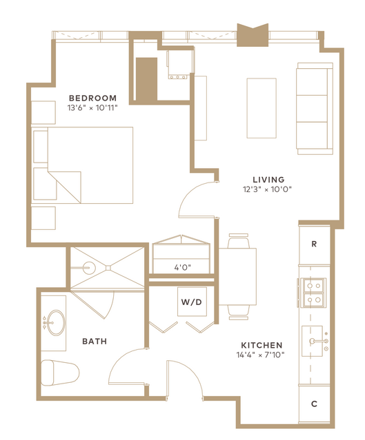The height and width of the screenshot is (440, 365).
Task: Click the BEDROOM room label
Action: point(92,98)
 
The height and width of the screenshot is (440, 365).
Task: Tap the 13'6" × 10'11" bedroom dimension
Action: point(92,107)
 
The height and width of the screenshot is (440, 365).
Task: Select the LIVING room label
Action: point(268,179)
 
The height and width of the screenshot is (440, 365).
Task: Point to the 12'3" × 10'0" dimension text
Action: point(267,189)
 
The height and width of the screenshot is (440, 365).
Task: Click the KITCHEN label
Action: point(262,345)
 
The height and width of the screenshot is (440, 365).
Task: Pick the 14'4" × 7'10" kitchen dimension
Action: point(260,355)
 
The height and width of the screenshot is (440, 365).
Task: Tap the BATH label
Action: point(95,342)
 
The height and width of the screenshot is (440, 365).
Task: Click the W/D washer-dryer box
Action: point(192,302)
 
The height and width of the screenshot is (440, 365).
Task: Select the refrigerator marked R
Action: point(314,244)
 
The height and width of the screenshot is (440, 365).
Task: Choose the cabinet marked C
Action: point(314,404)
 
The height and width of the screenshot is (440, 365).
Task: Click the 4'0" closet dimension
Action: point(182,267)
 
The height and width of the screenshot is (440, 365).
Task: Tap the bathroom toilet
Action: point(60,373)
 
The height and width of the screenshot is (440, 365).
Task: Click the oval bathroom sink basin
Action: point(56,322)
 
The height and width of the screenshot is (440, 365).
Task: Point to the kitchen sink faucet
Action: point(319,342)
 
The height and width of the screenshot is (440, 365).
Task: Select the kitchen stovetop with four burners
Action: point(313,293)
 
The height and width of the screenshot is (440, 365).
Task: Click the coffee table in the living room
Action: point(262,108)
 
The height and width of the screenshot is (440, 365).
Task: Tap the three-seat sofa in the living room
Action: point(315,108)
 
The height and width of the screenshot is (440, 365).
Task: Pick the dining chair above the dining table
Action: point(239,241)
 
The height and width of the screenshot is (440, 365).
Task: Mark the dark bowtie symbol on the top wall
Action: point(253,35)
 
